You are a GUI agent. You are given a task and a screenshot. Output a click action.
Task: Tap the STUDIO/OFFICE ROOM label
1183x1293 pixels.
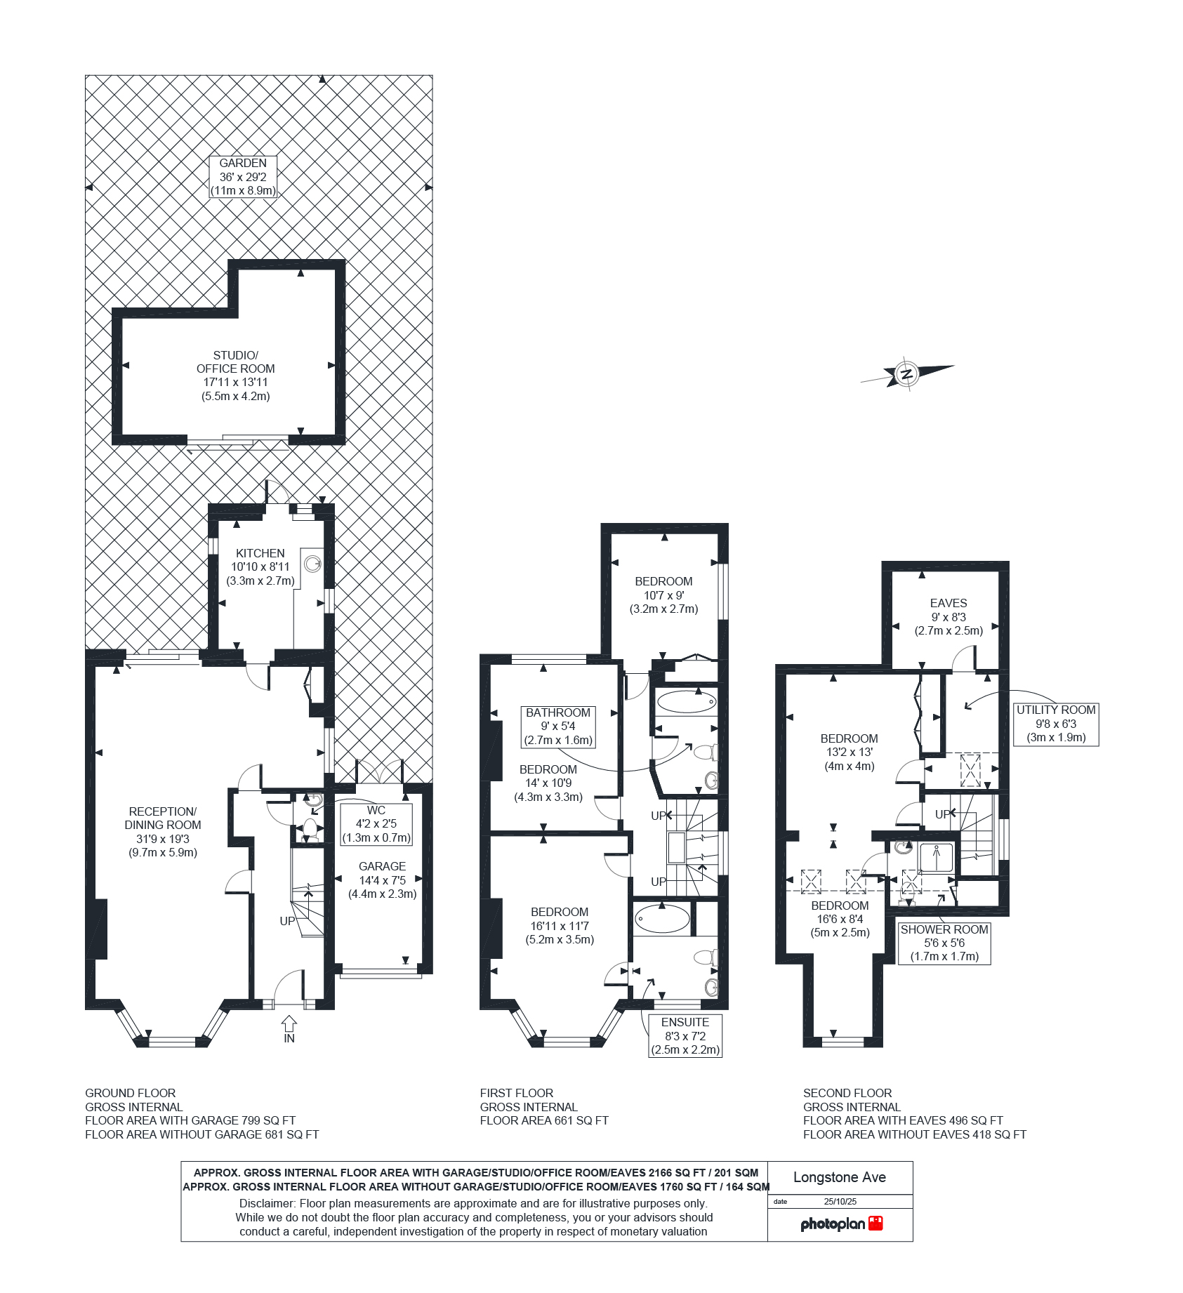tap(235, 376)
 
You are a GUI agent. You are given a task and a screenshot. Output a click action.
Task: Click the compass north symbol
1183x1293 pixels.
tap(906, 373)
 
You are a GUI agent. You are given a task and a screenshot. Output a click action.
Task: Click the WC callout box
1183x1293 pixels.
tap(376, 824)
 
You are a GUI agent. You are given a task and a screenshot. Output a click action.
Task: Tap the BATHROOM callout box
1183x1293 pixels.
tap(558, 727)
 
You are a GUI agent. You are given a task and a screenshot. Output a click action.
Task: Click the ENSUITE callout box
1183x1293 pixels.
tap(685, 1036)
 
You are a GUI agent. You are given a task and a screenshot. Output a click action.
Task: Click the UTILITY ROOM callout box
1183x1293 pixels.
tap(1056, 724)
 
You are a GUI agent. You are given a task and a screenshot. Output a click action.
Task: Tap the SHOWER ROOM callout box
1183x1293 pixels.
tap(944, 943)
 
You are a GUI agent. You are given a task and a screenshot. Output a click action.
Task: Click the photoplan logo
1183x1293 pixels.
tap(840, 1224)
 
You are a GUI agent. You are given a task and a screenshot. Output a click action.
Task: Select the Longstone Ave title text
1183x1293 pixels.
tap(840, 1178)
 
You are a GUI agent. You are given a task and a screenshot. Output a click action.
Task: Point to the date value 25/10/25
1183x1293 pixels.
tap(840, 1202)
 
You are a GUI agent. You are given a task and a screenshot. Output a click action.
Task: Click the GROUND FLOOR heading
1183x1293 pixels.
tap(131, 1093)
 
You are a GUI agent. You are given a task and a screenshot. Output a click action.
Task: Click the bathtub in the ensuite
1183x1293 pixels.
tap(661, 918)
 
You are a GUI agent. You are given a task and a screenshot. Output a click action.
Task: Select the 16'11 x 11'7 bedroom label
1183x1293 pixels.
tap(560, 926)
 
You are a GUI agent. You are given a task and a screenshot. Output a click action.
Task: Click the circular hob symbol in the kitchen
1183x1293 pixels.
tap(312, 564)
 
